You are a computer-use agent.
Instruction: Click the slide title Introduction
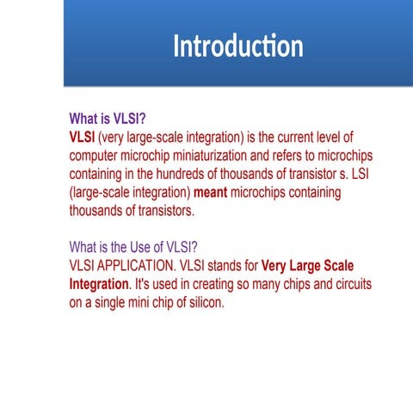[237, 46]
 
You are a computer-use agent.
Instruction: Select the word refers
[315, 157]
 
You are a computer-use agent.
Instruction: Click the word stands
[219, 266]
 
